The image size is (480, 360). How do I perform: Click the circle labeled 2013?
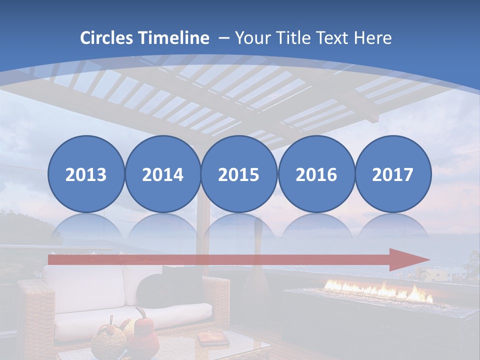point(86,174)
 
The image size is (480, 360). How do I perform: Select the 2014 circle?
point(162,174)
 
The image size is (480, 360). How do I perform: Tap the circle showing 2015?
point(239,174)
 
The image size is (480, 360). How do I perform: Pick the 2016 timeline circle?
point(316,174)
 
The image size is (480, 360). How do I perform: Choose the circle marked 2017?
point(392,174)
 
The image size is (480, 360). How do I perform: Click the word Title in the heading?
point(294,38)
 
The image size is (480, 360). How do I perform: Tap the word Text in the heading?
point(334,38)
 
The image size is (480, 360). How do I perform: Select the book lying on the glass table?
point(206,339)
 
